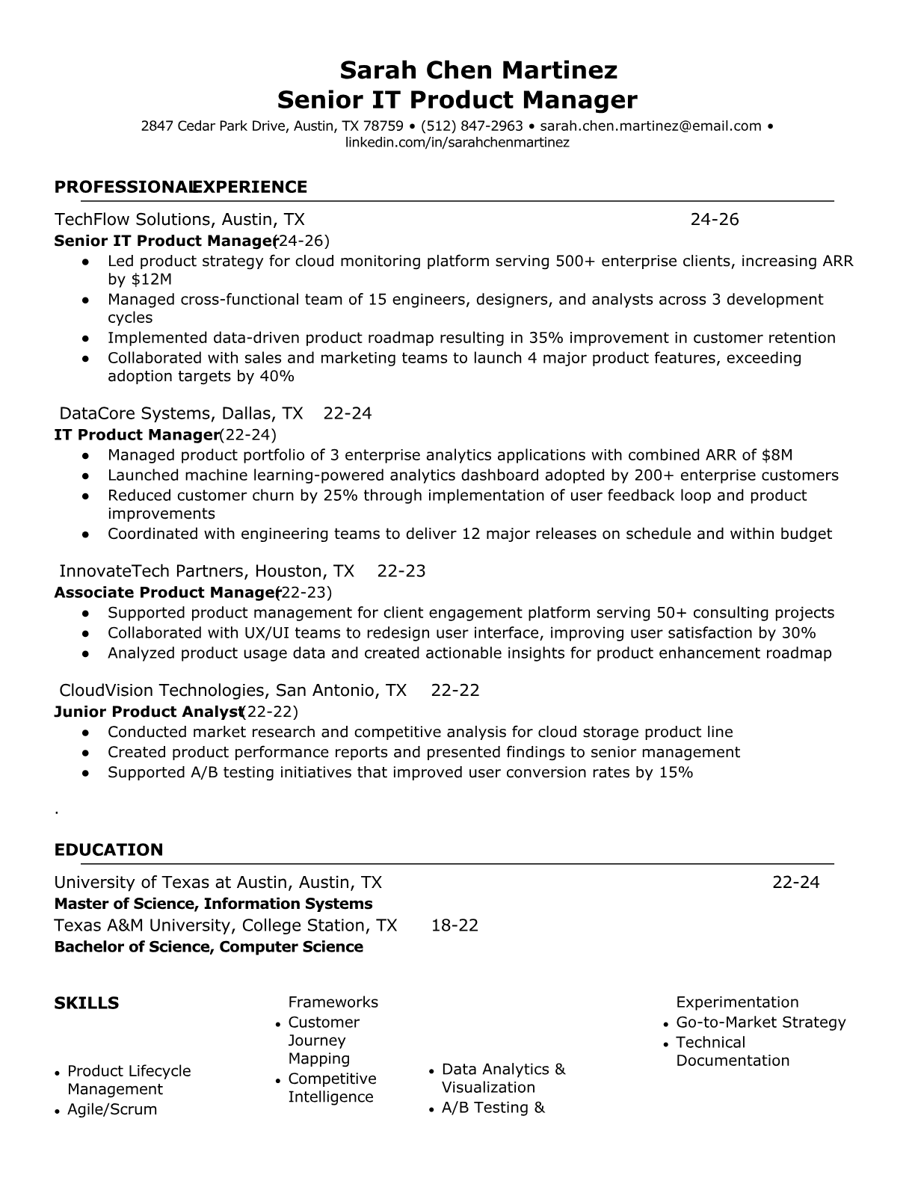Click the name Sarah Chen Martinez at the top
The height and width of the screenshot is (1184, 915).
coord(478,70)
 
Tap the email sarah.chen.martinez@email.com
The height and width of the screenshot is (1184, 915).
coord(650,126)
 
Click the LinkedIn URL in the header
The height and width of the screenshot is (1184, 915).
coord(457,142)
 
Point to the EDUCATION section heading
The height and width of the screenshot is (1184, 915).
coord(108,850)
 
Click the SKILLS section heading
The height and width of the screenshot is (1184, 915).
coord(86,1003)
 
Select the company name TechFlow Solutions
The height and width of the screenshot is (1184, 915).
coord(133,219)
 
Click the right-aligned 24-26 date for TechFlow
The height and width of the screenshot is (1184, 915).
coord(714,219)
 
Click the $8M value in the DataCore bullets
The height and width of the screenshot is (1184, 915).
coord(777,455)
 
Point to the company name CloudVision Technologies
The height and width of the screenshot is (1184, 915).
coord(161,690)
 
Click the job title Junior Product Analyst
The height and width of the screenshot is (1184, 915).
coord(148,712)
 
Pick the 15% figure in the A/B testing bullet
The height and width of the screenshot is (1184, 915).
coord(676,772)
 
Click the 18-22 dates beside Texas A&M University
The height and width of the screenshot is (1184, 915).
coord(455,925)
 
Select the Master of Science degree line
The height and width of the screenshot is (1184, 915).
coord(213,904)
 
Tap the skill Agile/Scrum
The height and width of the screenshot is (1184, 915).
coord(112,1109)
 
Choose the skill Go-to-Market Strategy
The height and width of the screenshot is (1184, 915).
coord(760,1023)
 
